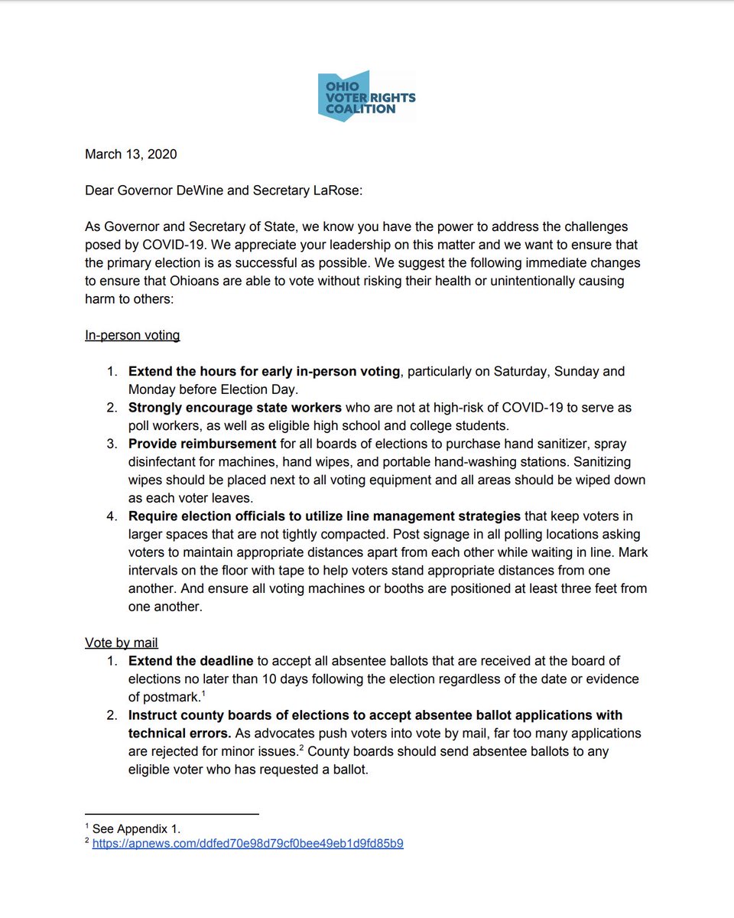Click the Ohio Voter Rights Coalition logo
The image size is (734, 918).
(x=367, y=96)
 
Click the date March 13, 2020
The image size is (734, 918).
(x=131, y=155)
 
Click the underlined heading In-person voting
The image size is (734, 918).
(x=132, y=335)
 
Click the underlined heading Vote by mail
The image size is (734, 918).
(x=121, y=643)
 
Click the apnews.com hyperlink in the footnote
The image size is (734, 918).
(x=248, y=844)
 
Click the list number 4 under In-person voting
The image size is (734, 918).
(x=112, y=516)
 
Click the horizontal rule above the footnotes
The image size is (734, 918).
(x=171, y=814)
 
